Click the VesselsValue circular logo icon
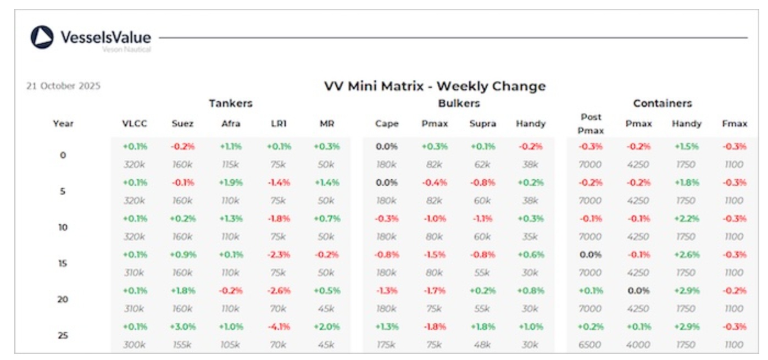coord(42,37)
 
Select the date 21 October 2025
coord(63,86)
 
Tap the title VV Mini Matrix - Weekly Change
coord(435,86)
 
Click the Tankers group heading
coord(231,103)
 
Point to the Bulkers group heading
coord(459,103)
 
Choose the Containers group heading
coord(662,103)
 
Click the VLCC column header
coord(135,124)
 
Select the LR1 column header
coord(279,124)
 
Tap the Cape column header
coord(387,124)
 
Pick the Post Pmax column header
coord(591,124)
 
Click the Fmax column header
coord(734,124)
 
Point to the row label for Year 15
coord(63,263)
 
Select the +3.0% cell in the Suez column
coord(182,326)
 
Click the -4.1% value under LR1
coord(279,326)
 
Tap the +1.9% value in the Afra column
coord(231,182)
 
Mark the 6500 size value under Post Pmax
coord(591,345)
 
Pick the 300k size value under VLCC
coord(135,345)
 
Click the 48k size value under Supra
coord(482,345)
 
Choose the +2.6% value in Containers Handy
coord(686,254)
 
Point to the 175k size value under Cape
coord(387,345)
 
